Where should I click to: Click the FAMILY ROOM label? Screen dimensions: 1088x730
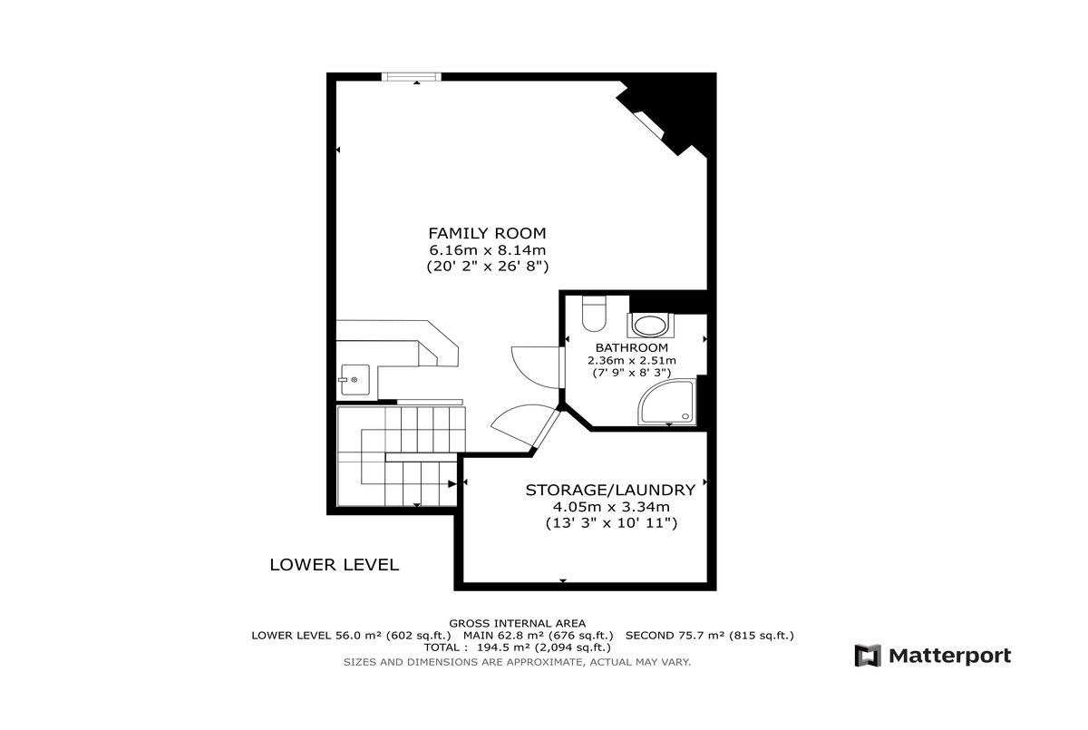click(487, 234)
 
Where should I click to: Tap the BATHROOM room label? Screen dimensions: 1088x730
click(632, 347)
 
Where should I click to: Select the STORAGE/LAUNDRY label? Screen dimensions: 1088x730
click(610, 490)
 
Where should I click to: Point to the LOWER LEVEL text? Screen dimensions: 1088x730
click(335, 564)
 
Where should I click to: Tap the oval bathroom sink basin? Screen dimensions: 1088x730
click(650, 326)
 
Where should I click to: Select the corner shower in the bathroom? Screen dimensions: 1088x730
click(667, 403)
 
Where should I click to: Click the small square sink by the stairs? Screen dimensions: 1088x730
click(355, 380)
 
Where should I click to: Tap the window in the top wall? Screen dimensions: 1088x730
click(412, 77)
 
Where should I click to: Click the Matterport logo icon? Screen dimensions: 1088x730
click(868, 656)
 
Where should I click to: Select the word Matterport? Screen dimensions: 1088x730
click(949, 657)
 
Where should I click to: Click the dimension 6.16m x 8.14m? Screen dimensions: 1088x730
click(487, 250)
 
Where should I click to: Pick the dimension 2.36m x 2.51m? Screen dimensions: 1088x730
click(632, 360)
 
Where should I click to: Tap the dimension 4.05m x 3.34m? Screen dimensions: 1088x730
click(611, 507)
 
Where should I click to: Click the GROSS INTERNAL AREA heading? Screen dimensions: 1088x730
click(518, 623)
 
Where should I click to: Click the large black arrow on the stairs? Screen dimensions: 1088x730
click(452, 483)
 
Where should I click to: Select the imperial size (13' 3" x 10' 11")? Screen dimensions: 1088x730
click(611, 523)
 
